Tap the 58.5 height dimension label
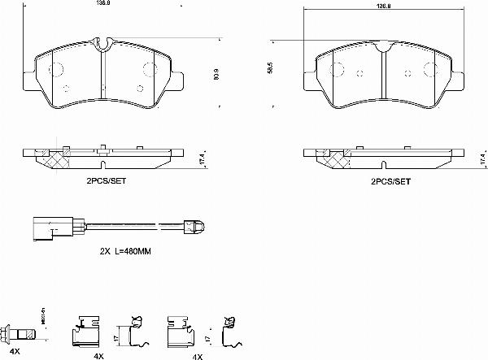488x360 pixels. tap(271, 71)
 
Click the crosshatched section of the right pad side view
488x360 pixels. tap(333, 160)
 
